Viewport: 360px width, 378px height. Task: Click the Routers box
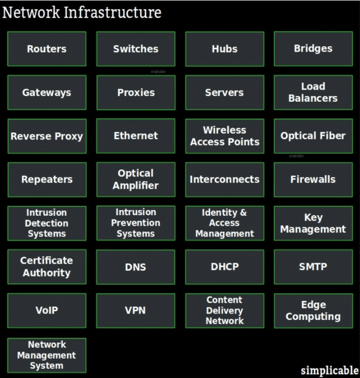tap(47, 48)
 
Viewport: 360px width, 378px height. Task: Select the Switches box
tap(136, 48)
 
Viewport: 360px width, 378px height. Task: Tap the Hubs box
tap(224, 48)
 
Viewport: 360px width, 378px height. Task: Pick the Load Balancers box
tap(313, 92)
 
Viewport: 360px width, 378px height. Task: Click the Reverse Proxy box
tap(47, 136)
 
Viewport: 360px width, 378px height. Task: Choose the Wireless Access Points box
tap(224, 136)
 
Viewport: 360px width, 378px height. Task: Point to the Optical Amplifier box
tap(136, 180)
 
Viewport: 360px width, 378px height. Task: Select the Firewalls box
tap(313, 180)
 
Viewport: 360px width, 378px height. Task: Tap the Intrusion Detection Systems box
tap(47, 223)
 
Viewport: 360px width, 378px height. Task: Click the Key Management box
tap(313, 223)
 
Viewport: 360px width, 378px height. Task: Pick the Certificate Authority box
tap(47, 267)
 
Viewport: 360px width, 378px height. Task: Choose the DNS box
tap(136, 267)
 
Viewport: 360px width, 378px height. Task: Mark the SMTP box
tap(313, 267)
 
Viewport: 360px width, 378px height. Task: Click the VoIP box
tap(47, 311)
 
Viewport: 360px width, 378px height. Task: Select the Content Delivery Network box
tap(224, 311)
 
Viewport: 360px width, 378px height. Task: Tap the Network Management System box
tap(47, 356)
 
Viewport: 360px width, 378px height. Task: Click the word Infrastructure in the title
tap(113, 13)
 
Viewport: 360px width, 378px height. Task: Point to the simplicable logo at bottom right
tap(330, 370)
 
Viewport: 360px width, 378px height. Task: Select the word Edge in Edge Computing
tap(314, 305)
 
